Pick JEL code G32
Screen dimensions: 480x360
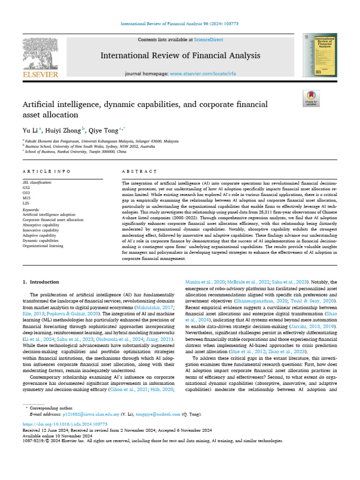pos(26,187)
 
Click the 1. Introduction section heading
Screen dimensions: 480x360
pos(41,282)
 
